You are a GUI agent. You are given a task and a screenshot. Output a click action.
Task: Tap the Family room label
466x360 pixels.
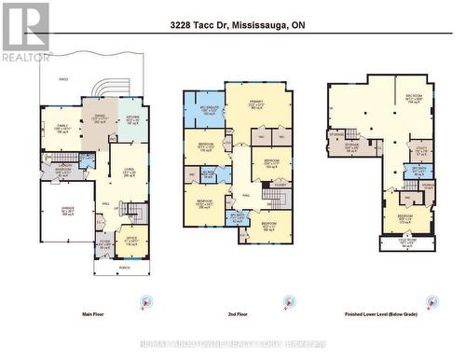tap(62, 130)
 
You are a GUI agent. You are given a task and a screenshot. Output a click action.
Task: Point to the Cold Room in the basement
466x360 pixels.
tap(406, 245)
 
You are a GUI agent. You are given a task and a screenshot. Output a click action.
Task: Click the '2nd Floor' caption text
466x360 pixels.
tap(239, 317)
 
